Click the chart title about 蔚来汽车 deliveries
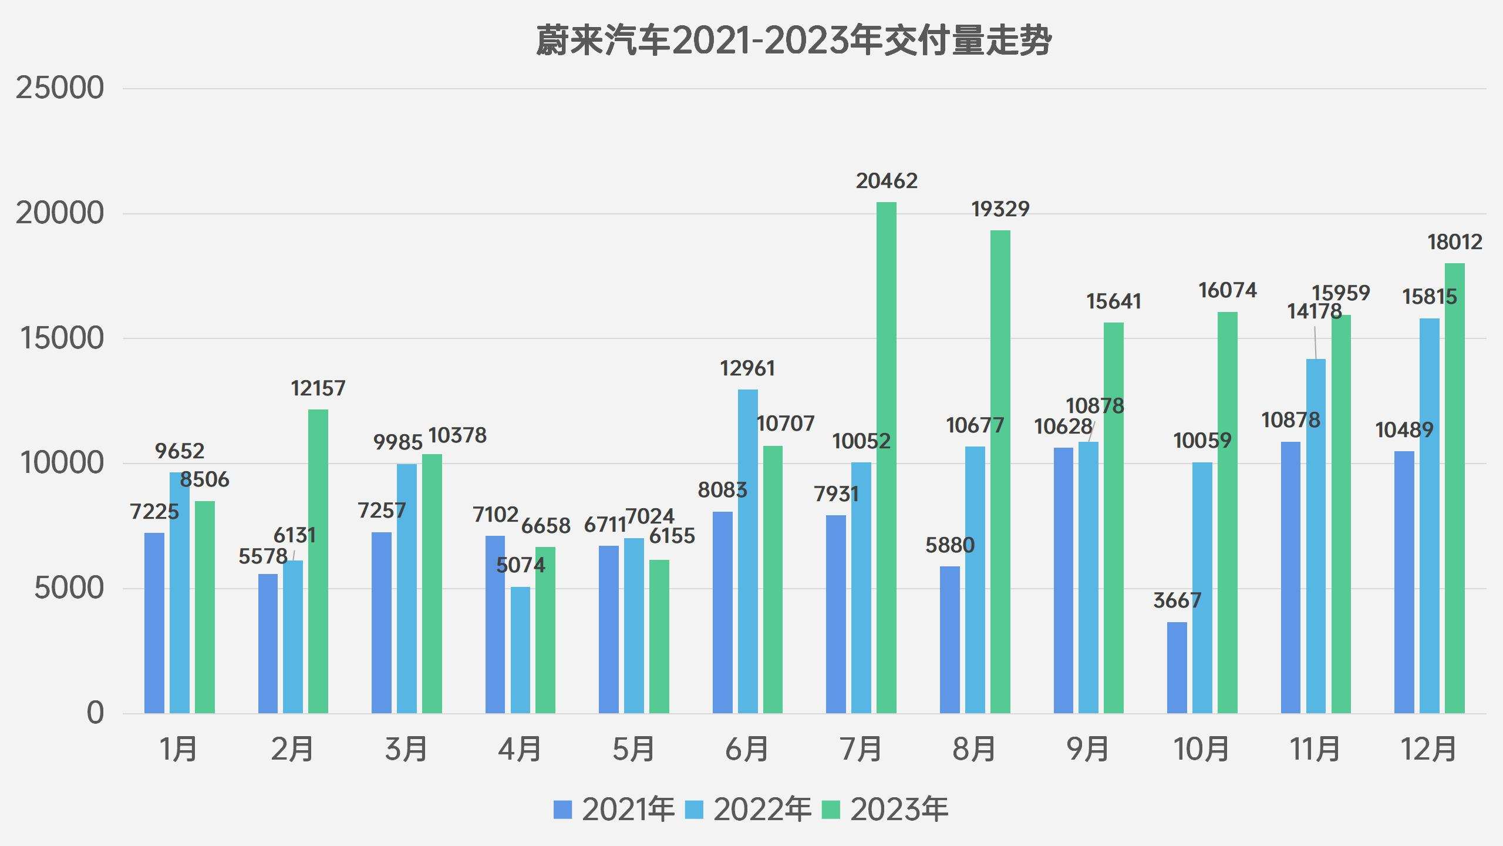pos(793,41)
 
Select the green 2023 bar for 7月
pos(886,458)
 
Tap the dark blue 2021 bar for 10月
pos(1177,668)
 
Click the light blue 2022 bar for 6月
pos(747,552)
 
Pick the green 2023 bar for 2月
pos(318,561)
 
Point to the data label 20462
pos(886,181)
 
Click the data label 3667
pos(1177,600)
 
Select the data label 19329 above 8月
pos(1000,209)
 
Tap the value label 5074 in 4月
pos(520,565)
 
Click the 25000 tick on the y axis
pos(59,88)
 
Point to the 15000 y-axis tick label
pos(61,338)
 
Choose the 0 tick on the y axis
pos(95,713)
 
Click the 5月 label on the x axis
pos(633,750)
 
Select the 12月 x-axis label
pos(1428,750)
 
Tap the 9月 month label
pos(1087,750)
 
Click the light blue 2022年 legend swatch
pos(695,810)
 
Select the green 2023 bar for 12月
pos(1454,488)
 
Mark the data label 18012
pos(1454,242)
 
